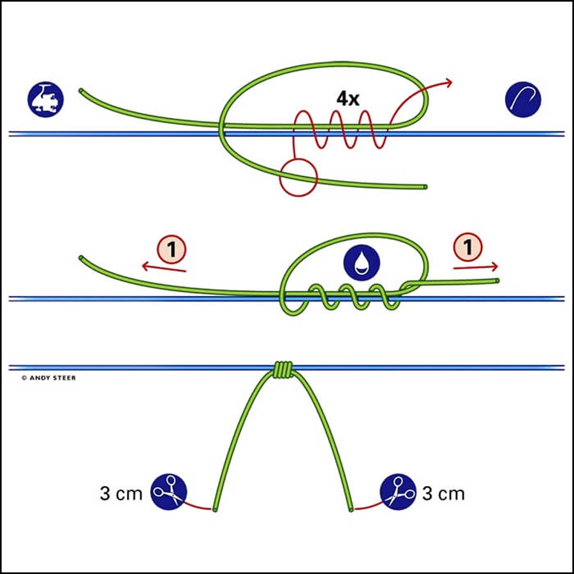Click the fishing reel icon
(x=45, y=99)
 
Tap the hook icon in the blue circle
(x=523, y=99)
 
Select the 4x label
(x=348, y=98)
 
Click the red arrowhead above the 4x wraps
(x=448, y=82)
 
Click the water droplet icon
(x=362, y=263)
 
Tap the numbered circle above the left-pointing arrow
(x=172, y=249)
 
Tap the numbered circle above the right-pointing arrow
(x=468, y=247)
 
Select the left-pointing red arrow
(x=164, y=268)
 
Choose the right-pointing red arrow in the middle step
(x=476, y=267)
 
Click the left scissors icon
(x=169, y=492)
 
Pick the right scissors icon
(x=398, y=492)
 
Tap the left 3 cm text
(x=121, y=494)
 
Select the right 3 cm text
(x=443, y=494)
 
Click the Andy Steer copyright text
(x=48, y=378)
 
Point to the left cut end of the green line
(x=215, y=509)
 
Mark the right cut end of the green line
(x=351, y=509)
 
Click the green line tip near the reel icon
(x=80, y=90)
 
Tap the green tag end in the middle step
(x=497, y=281)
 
